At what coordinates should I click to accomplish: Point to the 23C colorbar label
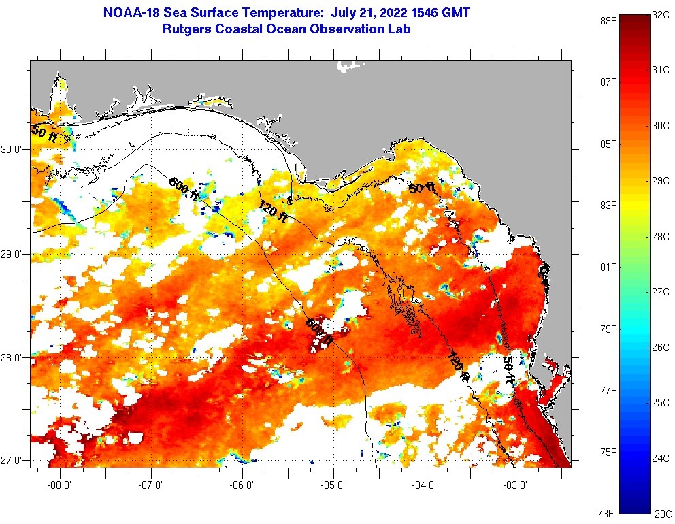tap(663, 514)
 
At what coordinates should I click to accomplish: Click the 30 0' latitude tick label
tap(14, 150)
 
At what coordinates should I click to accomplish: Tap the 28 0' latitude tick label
tap(14, 357)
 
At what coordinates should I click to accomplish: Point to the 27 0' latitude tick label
tap(14, 461)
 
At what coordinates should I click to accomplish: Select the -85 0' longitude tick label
tap(334, 485)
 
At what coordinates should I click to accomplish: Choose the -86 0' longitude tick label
tap(243, 485)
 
